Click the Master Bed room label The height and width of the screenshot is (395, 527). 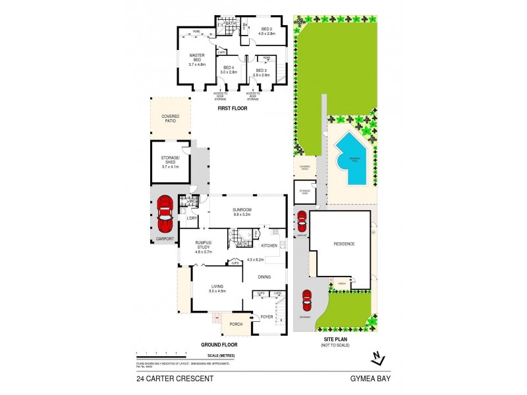[x=198, y=60]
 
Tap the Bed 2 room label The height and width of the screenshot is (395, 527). [x=267, y=31]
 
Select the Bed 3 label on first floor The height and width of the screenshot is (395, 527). [x=262, y=72]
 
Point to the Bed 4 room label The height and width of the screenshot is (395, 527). [x=229, y=70]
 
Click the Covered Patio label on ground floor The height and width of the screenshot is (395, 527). [x=170, y=118]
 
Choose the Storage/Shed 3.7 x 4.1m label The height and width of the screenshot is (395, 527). [x=170, y=163]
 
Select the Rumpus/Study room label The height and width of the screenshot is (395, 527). [x=202, y=248]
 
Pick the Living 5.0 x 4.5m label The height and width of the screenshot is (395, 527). [x=217, y=288]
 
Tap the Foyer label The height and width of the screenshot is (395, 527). [x=266, y=317]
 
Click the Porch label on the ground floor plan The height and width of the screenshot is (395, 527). [x=236, y=324]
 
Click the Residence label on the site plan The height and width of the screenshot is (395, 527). [x=343, y=244]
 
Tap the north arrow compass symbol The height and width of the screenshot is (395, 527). [x=376, y=357]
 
